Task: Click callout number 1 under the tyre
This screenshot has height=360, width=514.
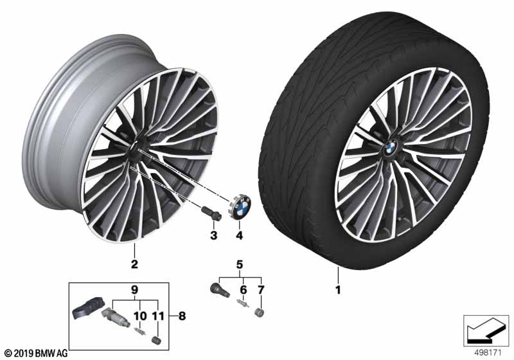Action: pyautogui.click(x=337, y=289)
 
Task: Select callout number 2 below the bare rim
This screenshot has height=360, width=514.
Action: pyautogui.click(x=135, y=264)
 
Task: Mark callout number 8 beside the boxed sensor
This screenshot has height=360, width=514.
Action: pyautogui.click(x=182, y=316)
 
